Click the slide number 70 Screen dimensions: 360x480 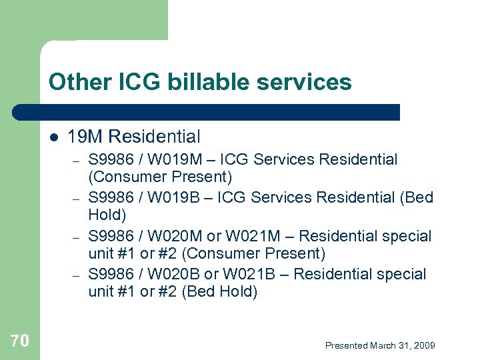point(20,341)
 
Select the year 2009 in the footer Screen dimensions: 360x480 point(424,345)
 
